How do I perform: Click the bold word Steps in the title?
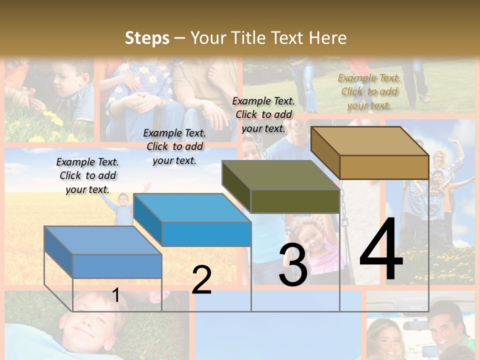point(146,38)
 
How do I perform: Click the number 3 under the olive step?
point(293,265)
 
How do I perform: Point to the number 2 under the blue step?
point(202,279)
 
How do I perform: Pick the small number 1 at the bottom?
point(116,295)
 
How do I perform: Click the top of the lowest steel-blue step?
point(103,240)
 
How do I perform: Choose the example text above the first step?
point(87,175)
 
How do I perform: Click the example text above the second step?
point(174,146)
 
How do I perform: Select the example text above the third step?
point(263,114)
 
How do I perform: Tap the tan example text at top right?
point(369,91)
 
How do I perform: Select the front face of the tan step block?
point(384,167)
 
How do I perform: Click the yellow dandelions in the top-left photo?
point(55,120)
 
